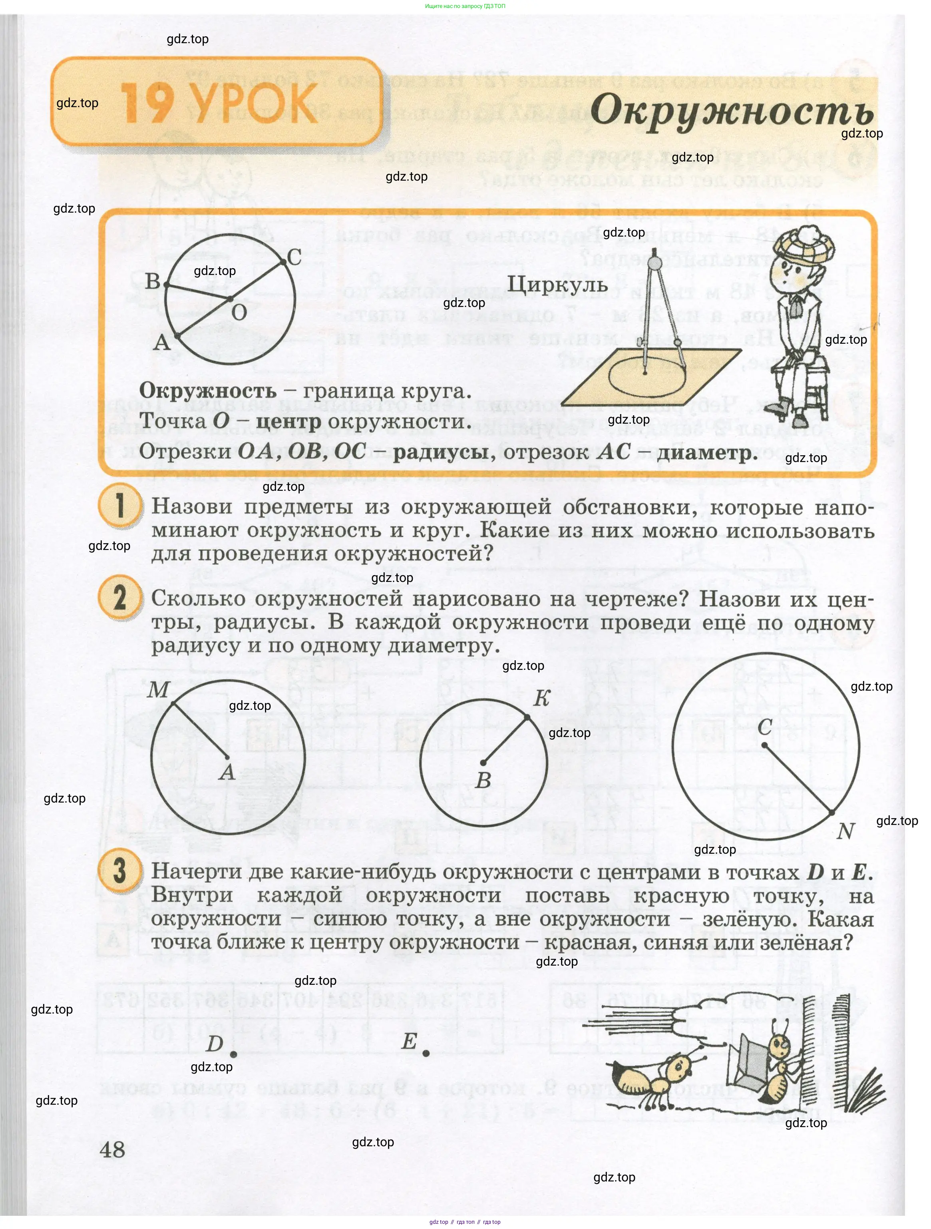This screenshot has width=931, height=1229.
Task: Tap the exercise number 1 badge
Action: click(x=119, y=506)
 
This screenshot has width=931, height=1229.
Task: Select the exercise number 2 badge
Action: click(x=119, y=598)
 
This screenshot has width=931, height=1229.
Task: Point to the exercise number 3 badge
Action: click(x=119, y=870)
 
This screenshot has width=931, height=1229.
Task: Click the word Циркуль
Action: click(x=557, y=285)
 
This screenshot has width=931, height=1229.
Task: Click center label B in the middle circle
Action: click(x=483, y=781)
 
